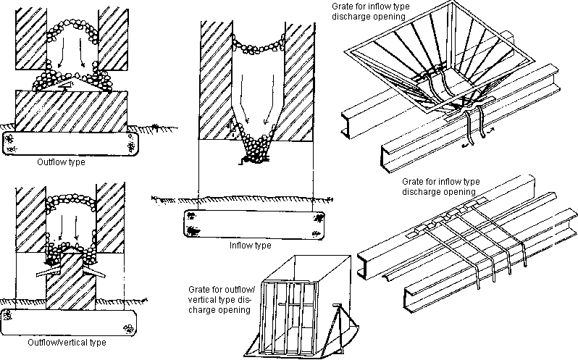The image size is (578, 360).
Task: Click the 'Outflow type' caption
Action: (61, 162)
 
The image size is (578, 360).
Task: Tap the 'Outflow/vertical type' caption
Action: (66, 342)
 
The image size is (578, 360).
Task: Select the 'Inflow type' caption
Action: (250, 246)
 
